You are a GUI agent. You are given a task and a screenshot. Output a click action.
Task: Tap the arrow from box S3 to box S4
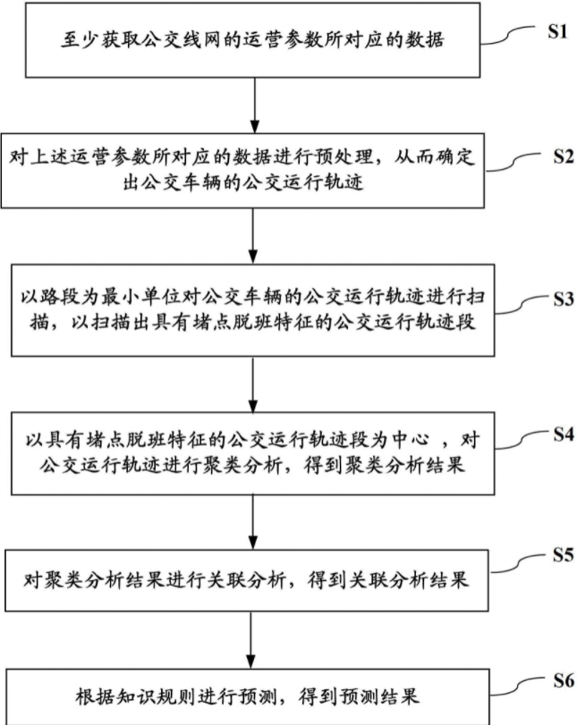tap(257, 378)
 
